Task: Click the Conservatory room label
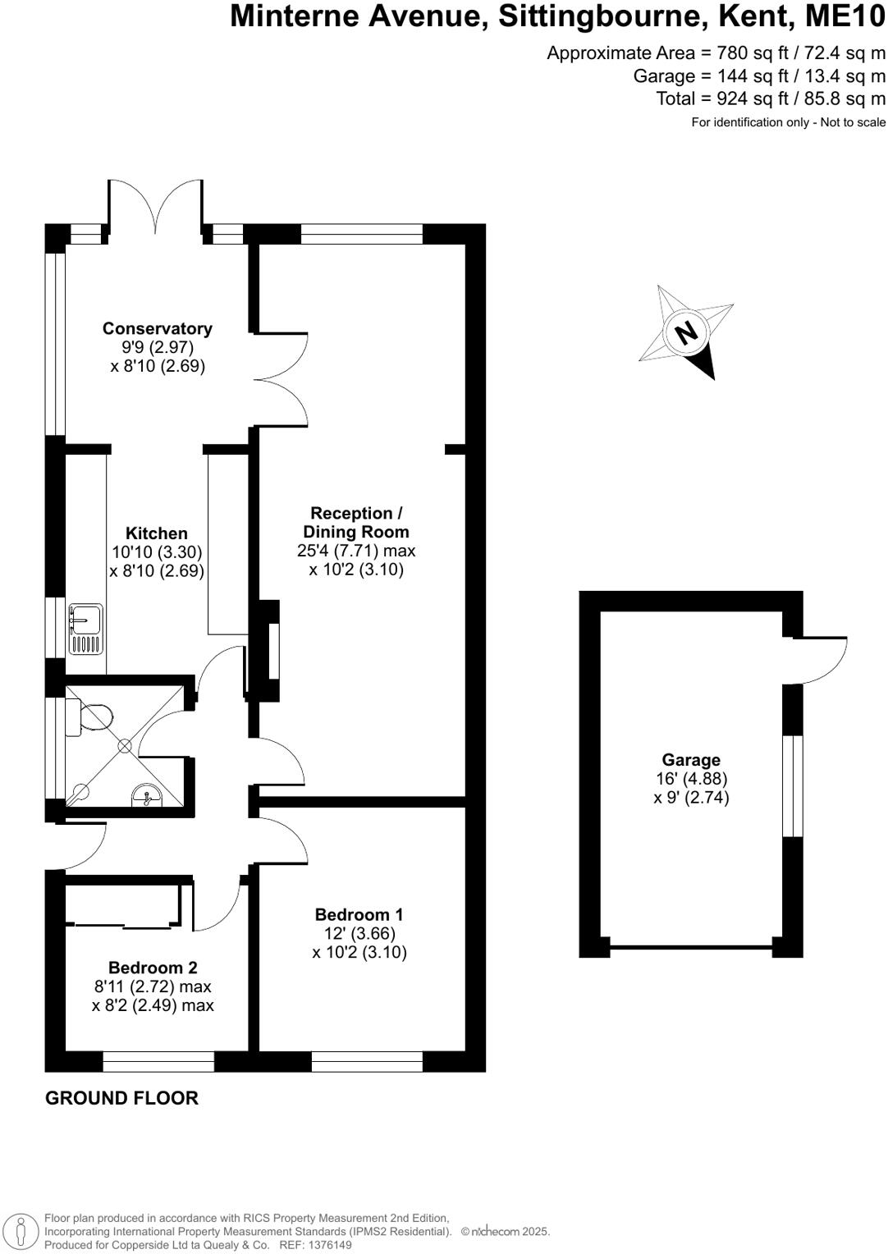[157, 328]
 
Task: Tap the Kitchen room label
[156, 533]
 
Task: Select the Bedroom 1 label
[359, 914]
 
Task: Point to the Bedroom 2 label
[153, 968]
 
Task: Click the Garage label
[691, 760]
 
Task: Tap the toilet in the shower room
[92, 718]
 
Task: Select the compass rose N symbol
[685, 332]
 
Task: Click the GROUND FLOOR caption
[121, 1098]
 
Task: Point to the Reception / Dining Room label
[356, 523]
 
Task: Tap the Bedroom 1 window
[367, 1061]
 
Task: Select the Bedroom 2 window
[158, 1061]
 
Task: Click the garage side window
[792, 785]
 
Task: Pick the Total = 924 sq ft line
[771, 98]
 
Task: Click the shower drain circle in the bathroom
[125, 746]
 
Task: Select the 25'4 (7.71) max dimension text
[356, 551]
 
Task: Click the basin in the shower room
[146, 794]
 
